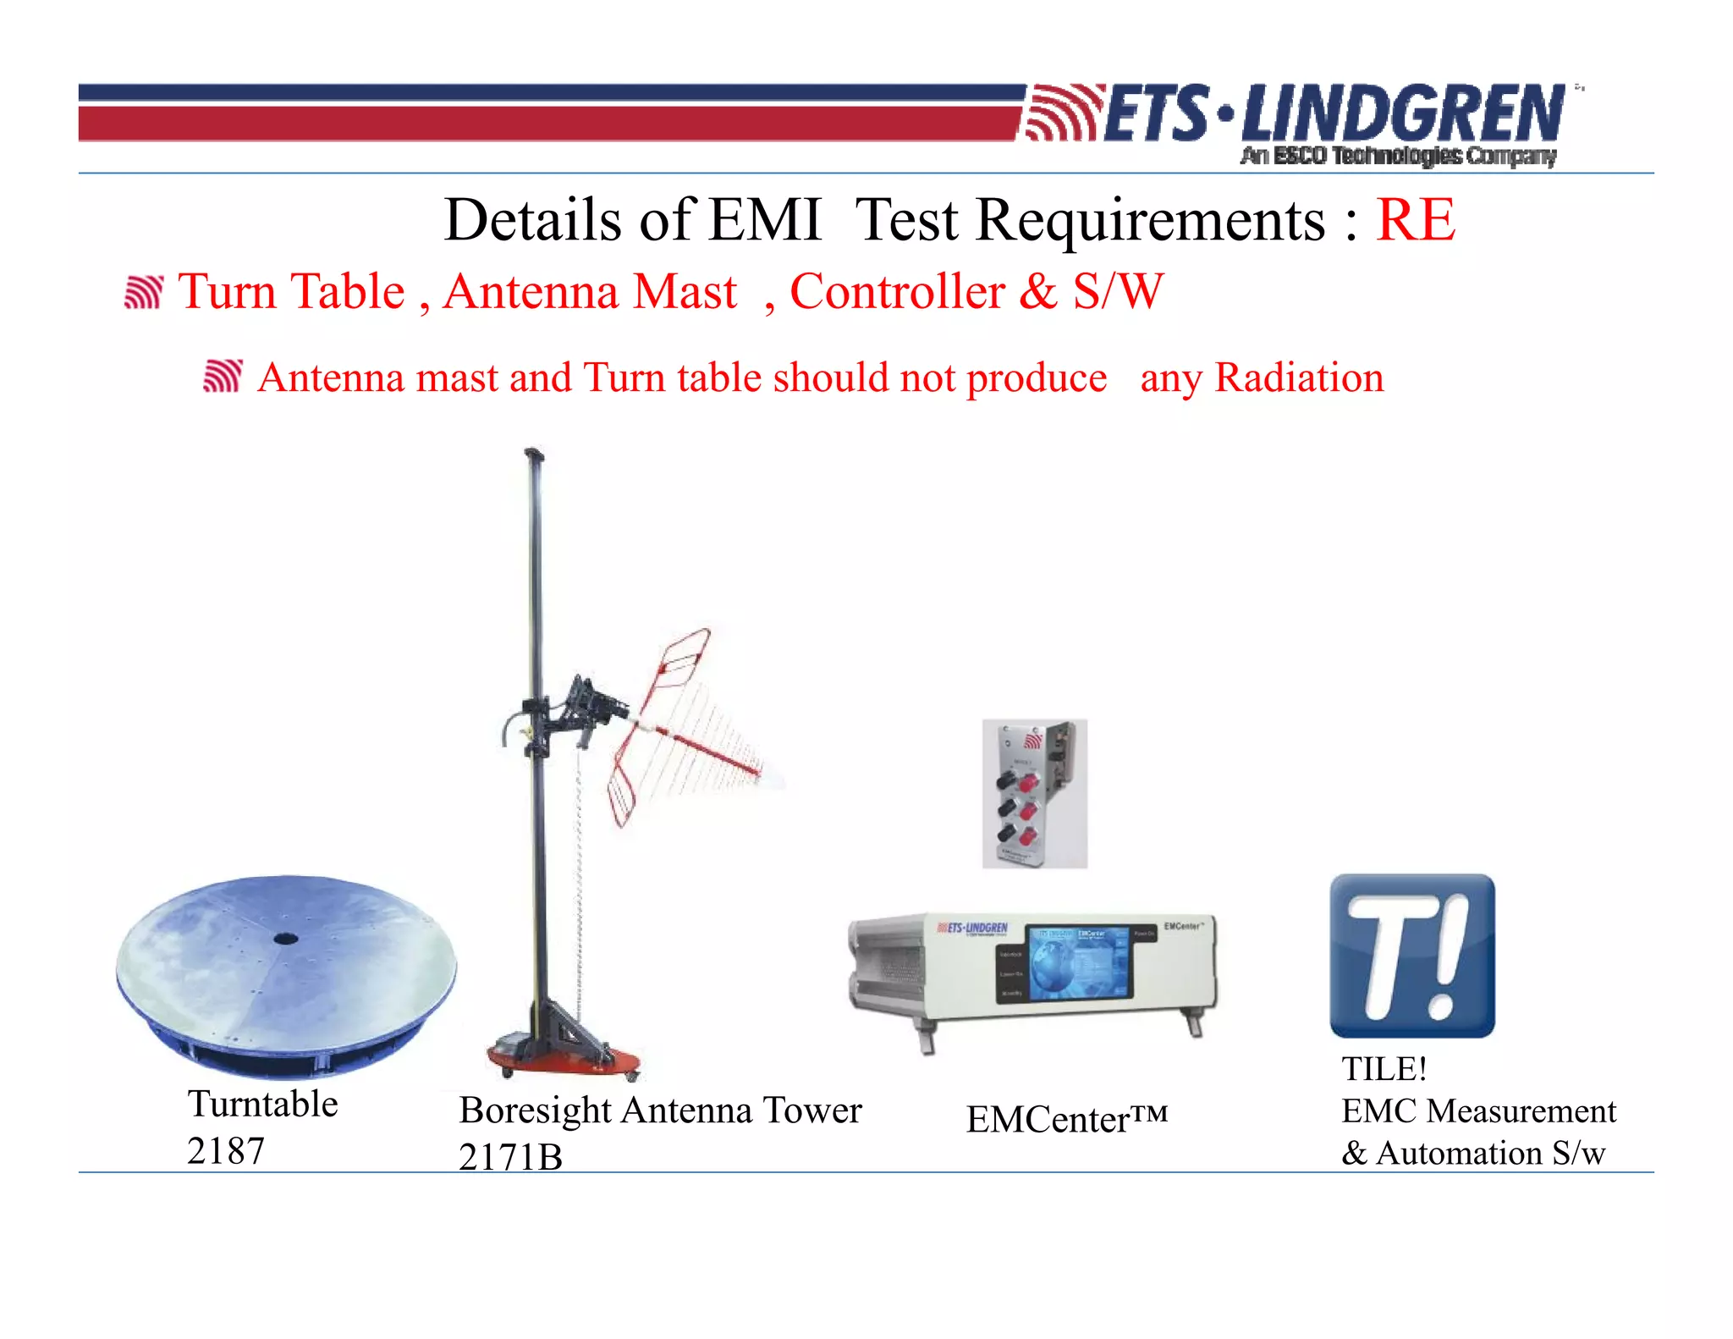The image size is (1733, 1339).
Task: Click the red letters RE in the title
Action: (x=1415, y=220)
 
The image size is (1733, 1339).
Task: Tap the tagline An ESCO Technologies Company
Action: (x=1398, y=156)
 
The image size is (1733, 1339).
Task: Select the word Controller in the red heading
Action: (x=897, y=292)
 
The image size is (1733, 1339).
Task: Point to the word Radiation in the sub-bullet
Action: (x=1299, y=377)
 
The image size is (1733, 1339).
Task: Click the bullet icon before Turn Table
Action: (x=143, y=292)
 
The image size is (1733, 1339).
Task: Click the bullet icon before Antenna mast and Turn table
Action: (x=223, y=376)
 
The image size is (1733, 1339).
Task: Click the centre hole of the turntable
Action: (x=285, y=938)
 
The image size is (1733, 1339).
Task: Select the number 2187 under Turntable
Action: (x=226, y=1151)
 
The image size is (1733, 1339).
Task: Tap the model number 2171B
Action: (x=510, y=1157)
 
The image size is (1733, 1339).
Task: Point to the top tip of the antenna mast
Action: (x=532, y=454)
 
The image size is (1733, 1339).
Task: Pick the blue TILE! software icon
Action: (x=1411, y=956)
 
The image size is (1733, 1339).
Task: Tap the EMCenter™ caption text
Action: (x=1066, y=1119)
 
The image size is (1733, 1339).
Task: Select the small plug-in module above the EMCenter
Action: (x=1034, y=793)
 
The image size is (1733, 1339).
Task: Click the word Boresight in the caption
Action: (x=535, y=1110)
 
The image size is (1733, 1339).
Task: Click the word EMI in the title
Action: (x=764, y=220)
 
